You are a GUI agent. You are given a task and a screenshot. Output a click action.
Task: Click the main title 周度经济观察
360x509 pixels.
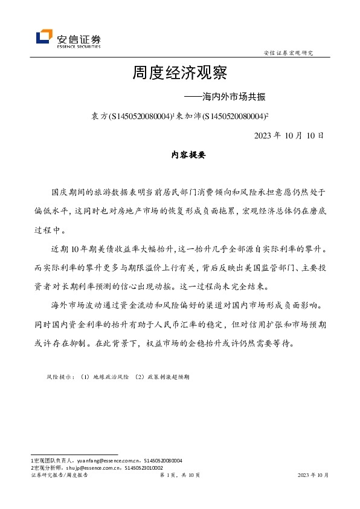click(x=179, y=74)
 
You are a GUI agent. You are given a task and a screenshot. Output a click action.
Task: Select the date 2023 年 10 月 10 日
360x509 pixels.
click(x=289, y=135)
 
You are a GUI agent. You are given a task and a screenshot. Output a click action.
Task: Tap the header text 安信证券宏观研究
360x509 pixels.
click(x=289, y=53)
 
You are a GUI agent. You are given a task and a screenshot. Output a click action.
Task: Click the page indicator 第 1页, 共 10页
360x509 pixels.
click(x=179, y=476)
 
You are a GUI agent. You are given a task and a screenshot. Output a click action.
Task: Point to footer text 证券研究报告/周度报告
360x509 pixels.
click(x=59, y=476)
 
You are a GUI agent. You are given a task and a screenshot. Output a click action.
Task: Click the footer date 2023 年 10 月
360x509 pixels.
click(x=313, y=476)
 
